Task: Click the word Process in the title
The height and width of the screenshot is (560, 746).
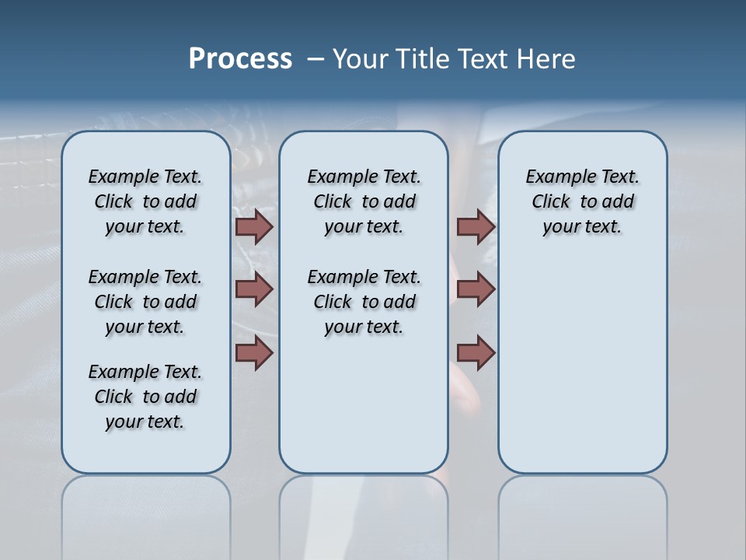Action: (x=240, y=59)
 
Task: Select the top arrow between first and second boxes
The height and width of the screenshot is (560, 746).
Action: (x=253, y=227)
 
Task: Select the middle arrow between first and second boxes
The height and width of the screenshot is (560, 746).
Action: (x=253, y=289)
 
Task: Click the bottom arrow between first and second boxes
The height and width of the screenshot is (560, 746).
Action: (x=253, y=353)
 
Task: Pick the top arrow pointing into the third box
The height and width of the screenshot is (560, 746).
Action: (x=476, y=227)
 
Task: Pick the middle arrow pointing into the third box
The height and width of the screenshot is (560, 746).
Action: (x=476, y=289)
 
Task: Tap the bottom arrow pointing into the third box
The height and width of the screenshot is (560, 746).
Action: (x=476, y=353)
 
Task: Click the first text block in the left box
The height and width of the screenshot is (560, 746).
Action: (x=145, y=201)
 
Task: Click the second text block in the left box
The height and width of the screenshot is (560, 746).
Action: (x=145, y=302)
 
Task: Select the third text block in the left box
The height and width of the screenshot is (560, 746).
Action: (x=145, y=397)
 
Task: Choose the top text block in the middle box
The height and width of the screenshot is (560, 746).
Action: (x=364, y=201)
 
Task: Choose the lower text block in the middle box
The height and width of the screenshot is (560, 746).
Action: (x=364, y=302)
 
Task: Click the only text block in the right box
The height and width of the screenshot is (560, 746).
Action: (x=582, y=201)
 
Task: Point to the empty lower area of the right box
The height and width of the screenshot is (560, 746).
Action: (x=582, y=366)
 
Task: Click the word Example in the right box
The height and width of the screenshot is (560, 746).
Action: (x=554, y=177)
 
